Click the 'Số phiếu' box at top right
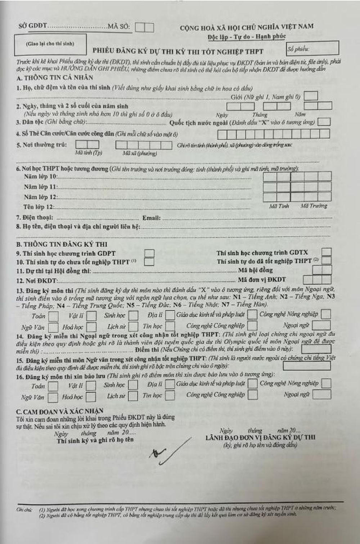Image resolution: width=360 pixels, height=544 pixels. tap(312, 48)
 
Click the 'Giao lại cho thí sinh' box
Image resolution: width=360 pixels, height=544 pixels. tap(50, 44)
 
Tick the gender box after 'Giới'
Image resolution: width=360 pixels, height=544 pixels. tap(311, 96)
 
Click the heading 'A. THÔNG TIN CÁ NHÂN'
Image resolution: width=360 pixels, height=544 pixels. tap(55, 78)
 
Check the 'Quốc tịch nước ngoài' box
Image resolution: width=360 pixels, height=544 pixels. tap(324, 122)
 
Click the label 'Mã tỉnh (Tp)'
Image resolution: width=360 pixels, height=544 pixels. tap(88, 153)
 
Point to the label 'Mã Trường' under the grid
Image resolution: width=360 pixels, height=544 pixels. tap(314, 206)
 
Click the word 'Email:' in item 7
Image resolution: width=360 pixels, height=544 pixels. tap(151, 218)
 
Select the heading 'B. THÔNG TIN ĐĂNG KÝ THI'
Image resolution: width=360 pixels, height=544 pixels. tap(62, 244)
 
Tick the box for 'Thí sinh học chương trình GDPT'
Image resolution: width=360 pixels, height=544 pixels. tap(149, 253)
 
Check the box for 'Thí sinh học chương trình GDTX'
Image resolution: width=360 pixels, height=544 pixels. tap(327, 252)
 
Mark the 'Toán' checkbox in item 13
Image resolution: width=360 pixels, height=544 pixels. tap(53, 316)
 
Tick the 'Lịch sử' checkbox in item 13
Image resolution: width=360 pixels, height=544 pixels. tap(133, 326)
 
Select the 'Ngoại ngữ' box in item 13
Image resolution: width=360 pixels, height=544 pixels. tap(321, 325)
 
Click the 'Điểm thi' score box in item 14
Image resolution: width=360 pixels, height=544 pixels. tap(316, 349)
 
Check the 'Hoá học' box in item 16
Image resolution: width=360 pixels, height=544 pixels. tap(91, 397)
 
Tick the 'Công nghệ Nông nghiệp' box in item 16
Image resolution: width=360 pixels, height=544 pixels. tap(326, 383)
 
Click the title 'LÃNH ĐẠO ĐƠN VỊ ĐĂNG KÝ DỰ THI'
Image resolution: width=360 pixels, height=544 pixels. tap(260, 437)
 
